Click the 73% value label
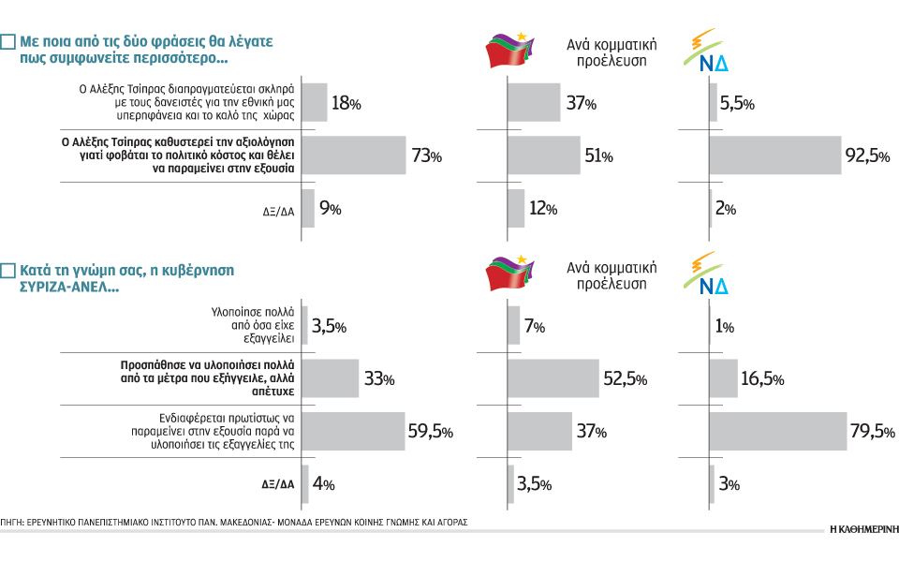(x=425, y=156)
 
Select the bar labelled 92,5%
(x=775, y=155)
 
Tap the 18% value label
(x=346, y=103)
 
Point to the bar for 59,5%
(x=354, y=431)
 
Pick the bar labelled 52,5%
(x=559, y=377)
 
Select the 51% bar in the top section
(x=543, y=155)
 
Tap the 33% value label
(x=378, y=378)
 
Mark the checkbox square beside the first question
(x=7, y=42)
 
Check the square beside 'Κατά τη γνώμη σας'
(x=7, y=271)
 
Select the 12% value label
(x=543, y=209)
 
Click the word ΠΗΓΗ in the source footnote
(x=12, y=521)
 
